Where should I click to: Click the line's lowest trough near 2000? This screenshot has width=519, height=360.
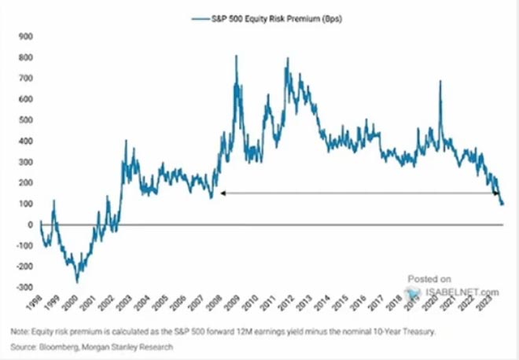coord(76,281)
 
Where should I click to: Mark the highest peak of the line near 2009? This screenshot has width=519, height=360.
coord(236,56)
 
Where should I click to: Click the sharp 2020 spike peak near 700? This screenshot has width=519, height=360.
coord(439,81)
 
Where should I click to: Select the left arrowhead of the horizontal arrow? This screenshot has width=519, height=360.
coord(223,193)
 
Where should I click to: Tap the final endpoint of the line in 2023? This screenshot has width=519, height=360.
coord(503,205)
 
